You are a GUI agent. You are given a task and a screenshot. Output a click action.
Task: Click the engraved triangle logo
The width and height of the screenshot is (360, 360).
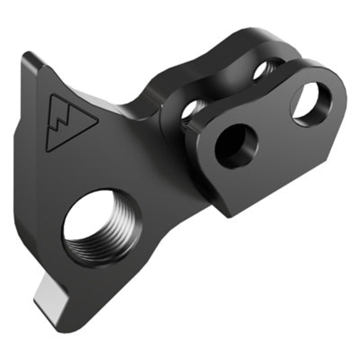[67, 121]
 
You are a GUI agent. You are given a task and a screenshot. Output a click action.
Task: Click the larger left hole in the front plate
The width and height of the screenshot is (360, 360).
[236, 145]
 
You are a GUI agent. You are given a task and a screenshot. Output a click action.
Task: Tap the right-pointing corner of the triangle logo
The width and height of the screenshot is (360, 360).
[97, 120]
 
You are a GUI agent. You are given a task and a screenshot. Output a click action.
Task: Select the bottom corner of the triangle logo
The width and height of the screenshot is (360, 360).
[48, 150]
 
